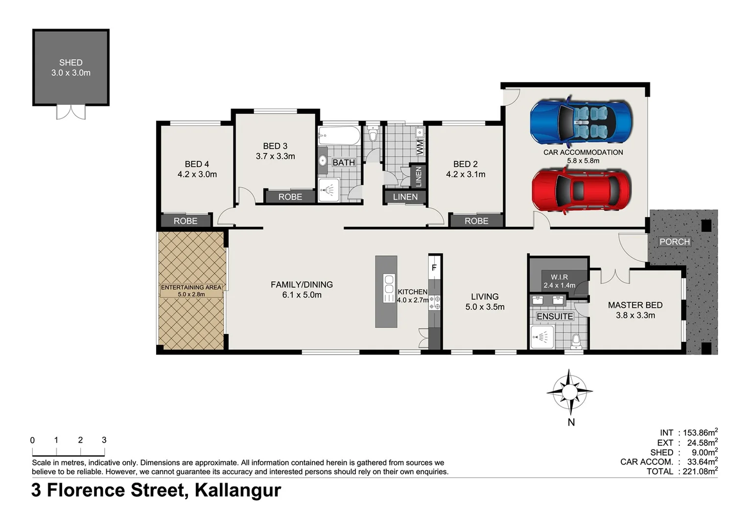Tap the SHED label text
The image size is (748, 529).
[x=71, y=63]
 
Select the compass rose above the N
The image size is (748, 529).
[x=569, y=391]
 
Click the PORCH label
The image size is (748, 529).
[x=674, y=241]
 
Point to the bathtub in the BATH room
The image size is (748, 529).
[x=339, y=136]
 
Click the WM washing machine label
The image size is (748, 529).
[x=420, y=147]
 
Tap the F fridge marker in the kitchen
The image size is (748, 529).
[x=434, y=268]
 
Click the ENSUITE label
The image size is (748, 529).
[x=555, y=316]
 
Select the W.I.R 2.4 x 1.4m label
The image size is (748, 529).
[x=559, y=281]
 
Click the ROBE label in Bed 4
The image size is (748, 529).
[x=186, y=221]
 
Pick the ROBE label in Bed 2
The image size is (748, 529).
[x=476, y=221]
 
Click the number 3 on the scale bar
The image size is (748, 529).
[x=104, y=440]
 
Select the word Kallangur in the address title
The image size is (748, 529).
[x=238, y=490]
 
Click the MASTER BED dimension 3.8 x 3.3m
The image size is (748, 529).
[x=635, y=315]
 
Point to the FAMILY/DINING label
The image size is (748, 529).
[x=302, y=285]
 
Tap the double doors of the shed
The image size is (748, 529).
[x=71, y=112]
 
